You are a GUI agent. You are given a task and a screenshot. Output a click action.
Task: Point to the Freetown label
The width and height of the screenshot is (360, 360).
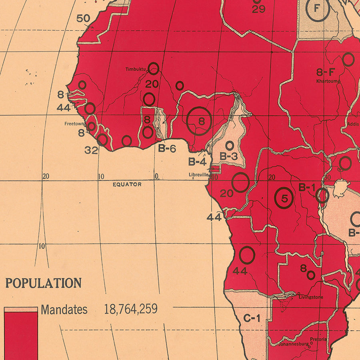click(74, 124)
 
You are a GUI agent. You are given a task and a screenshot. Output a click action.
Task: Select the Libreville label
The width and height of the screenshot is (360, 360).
click(199, 175)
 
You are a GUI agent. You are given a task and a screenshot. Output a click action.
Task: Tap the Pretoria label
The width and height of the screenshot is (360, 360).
click(318, 339)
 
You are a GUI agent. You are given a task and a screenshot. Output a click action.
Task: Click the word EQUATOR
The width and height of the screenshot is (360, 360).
click(127, 184)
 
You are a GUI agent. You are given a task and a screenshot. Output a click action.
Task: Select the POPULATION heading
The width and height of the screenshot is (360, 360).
click(43, 283)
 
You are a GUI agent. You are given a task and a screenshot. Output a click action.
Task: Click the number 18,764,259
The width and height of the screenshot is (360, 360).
click(131, 309)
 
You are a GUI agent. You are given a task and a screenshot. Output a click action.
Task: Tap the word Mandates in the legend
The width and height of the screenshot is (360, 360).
click(64, 309)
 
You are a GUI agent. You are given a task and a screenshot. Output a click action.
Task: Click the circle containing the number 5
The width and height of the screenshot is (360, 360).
click(284, 198)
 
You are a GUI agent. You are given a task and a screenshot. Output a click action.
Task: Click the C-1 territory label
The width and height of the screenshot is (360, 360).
click(252, 318)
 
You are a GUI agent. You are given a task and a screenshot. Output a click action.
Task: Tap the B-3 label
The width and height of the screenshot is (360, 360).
click(228, 156)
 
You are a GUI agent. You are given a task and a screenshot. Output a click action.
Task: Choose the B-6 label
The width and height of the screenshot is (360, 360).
click(167, 148)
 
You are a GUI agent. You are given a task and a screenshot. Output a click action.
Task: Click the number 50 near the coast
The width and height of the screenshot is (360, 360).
click(83, 18)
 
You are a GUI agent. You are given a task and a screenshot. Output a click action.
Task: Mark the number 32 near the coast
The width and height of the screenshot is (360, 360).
click(92, 150)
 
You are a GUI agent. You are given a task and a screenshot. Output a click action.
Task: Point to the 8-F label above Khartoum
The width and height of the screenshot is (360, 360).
click(325, 72)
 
